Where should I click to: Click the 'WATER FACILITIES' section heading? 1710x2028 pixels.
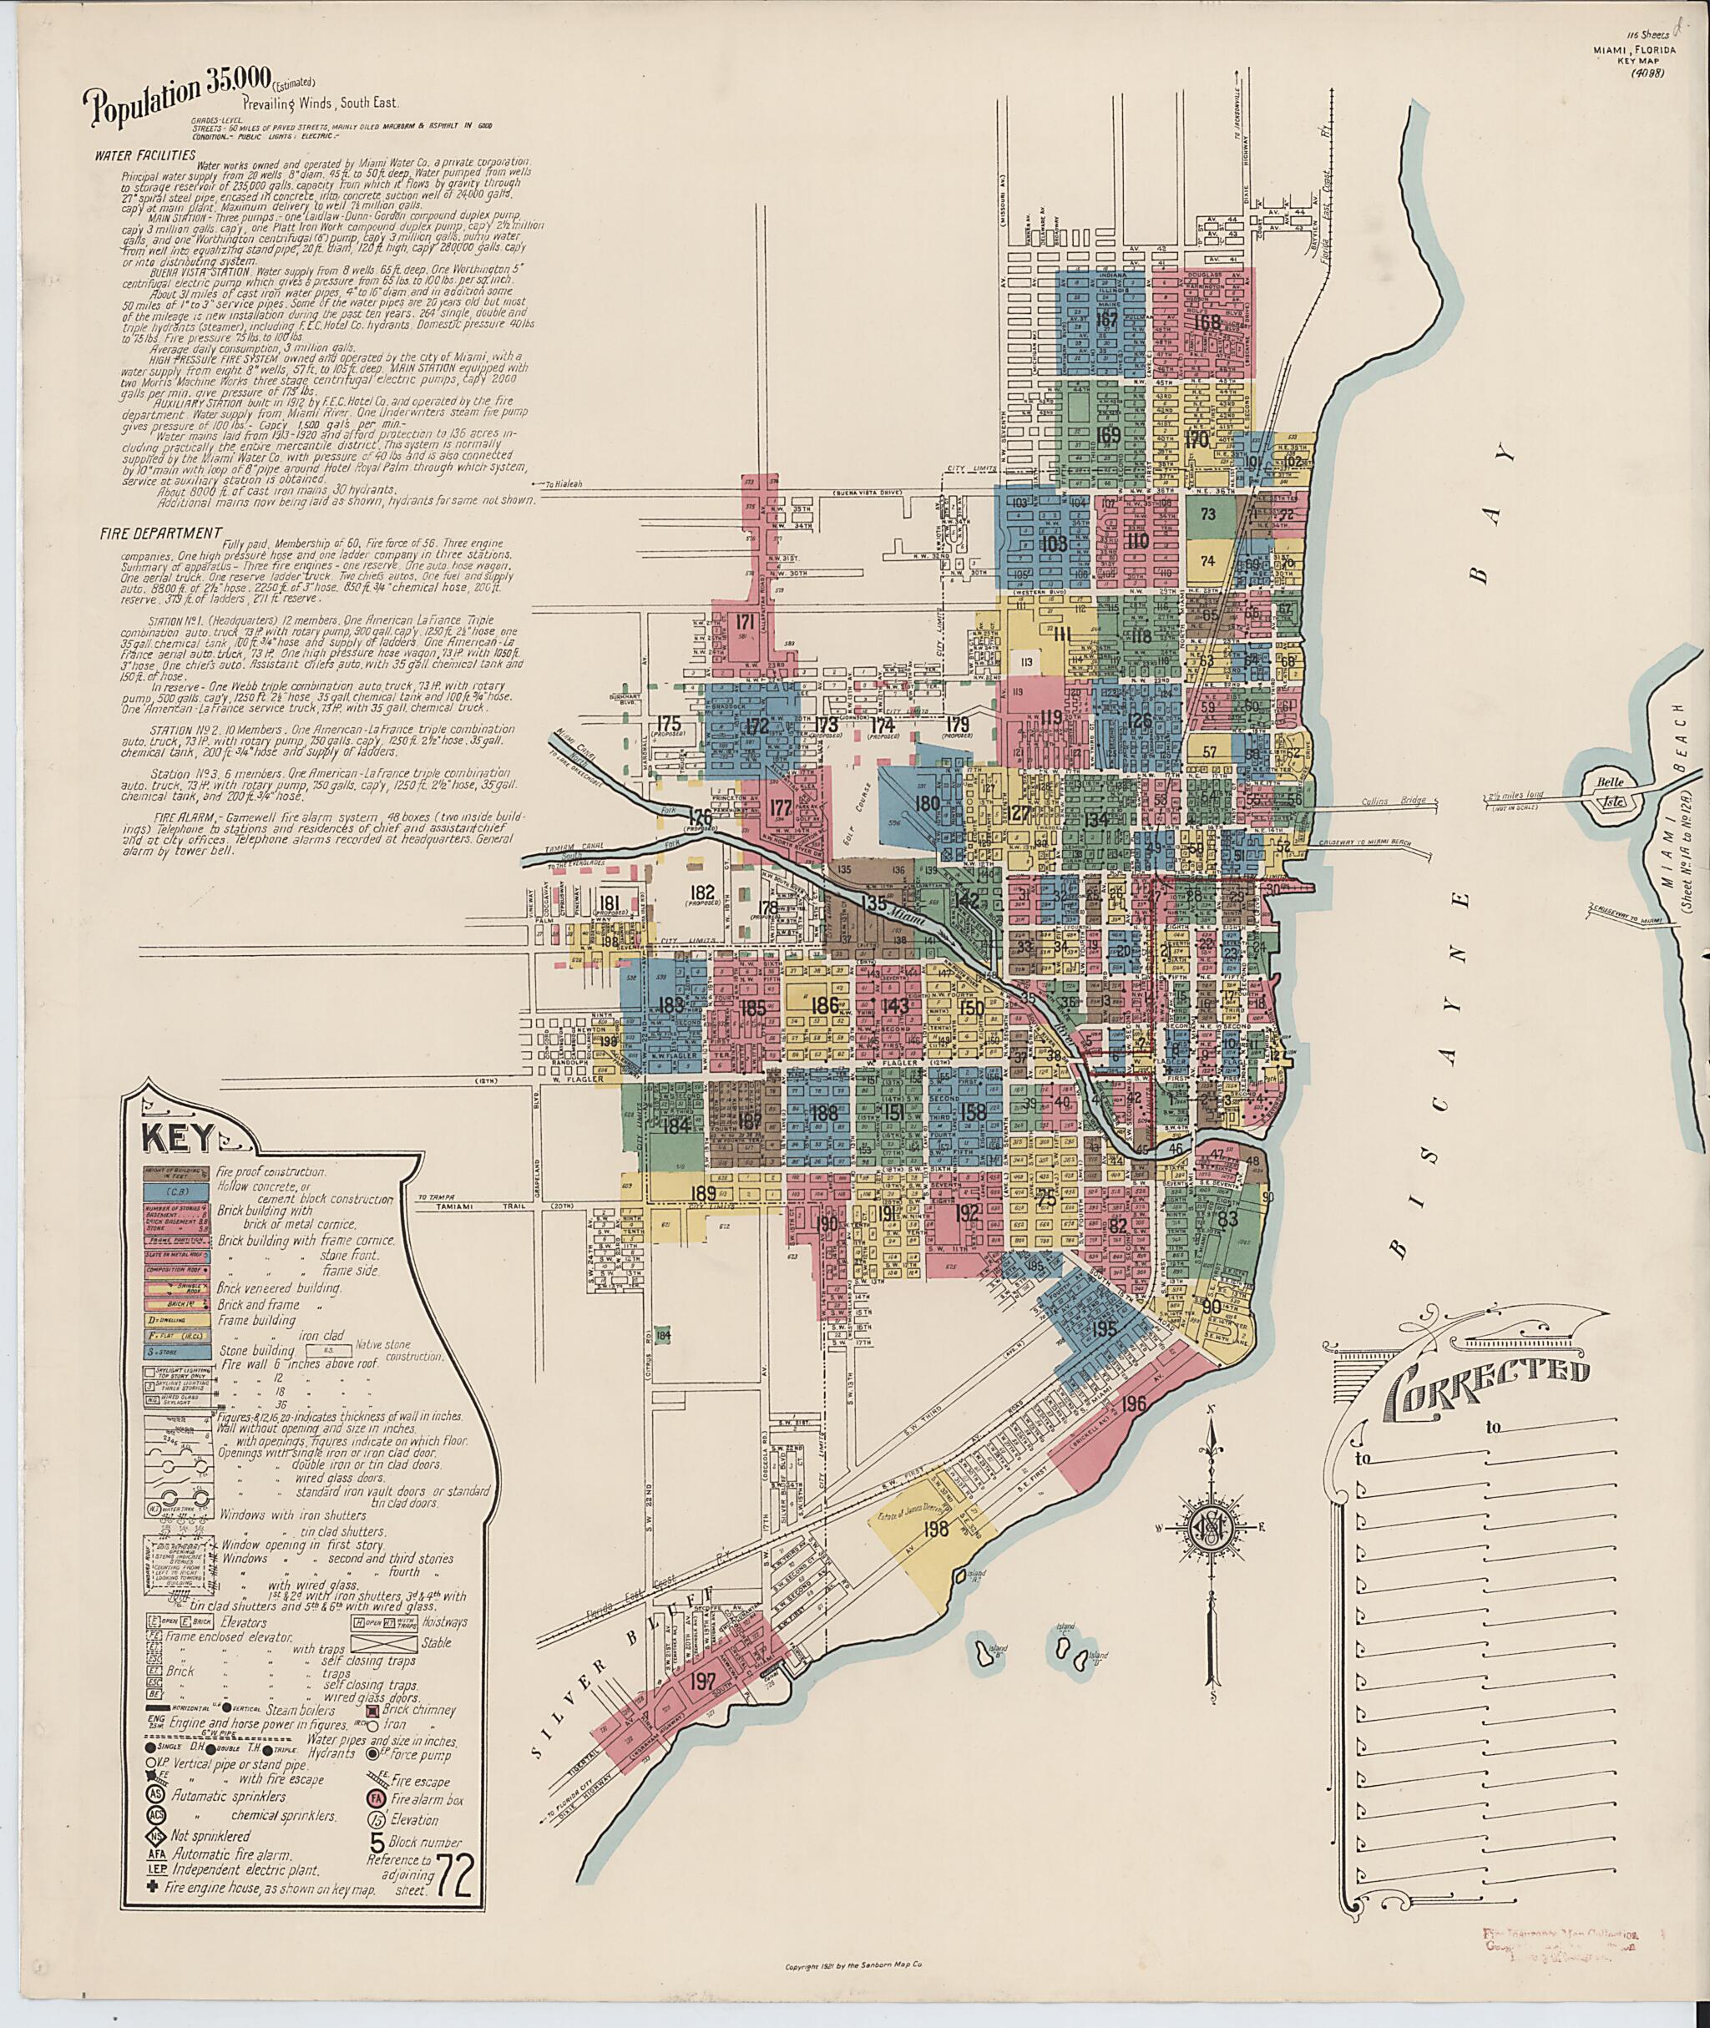pos(145,155)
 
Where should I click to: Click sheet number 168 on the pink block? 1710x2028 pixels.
pos(1207,323)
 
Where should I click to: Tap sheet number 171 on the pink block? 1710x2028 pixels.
pos(746,621)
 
